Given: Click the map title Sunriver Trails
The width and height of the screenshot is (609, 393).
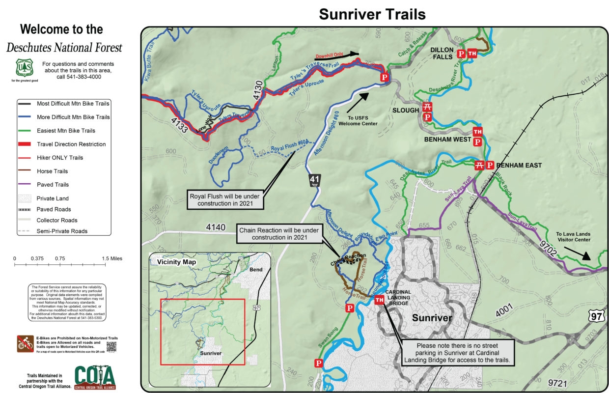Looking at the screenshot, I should tap(372, 14).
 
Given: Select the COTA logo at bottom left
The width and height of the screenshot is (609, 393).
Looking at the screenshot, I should tap(95, 377).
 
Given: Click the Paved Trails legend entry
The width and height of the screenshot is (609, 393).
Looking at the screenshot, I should tap(53, 185).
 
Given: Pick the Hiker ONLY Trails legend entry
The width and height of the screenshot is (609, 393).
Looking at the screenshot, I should tap(60, 158).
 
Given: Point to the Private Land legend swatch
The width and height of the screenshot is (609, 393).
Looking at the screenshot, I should tap(25, 198).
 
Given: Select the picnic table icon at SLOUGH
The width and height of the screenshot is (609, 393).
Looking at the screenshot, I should tap(427, 108).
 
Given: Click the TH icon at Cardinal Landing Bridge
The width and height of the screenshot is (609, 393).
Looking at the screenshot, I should tap(379, 300).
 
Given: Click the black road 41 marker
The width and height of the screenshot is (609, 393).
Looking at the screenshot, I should tap(315, 180).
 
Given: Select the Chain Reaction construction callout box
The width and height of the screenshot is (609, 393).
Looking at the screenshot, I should tap(279, 234).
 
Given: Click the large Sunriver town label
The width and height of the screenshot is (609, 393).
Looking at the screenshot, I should tap(432, 318).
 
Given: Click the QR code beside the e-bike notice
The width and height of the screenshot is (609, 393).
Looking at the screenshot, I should tap(112, 346).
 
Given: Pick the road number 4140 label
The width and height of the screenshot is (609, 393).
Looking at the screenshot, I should tap(216, 227).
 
